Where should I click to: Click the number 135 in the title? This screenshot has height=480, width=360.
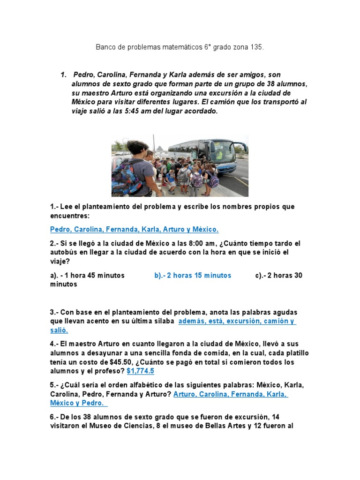pyautogui.click(x=257, y=47)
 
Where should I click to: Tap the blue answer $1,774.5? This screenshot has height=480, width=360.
pyautogui.click(x=140, y=371)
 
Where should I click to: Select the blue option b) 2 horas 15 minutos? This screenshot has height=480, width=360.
pyautogui.click(x=193, y=276)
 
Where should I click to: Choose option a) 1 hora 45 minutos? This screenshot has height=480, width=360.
pyautogui.click(x=87, y=276)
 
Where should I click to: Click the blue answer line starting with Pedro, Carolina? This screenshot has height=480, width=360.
pyautogui.click(x=134, y=230)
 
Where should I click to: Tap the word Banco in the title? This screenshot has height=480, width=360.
pyautogui.click(x=105, y=47)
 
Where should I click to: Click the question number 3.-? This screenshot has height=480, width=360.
pyautogui.click(x=55, y=312)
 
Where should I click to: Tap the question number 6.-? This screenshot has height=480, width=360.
pyautogui.click(x=55, y=417)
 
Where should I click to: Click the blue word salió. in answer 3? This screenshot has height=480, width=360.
pyautogui.click(x=60, y=330)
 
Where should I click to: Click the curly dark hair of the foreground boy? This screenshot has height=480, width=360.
pyautogui.click(x=137, y=149)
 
